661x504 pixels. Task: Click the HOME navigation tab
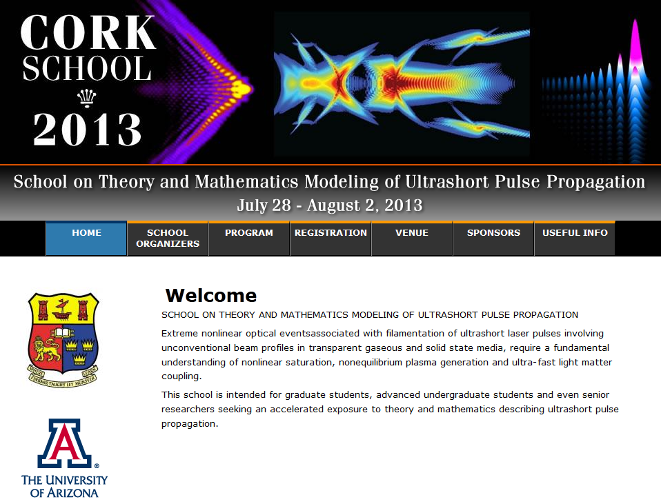pos(86,239)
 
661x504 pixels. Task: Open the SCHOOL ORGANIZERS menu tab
pos(168,239)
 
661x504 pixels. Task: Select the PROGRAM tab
pos(249,239)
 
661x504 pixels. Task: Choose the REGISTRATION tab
pos(330,239)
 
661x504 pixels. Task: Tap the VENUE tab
pos(412,239)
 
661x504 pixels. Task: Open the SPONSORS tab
pos(493,239)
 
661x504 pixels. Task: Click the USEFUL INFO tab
pos(575,239)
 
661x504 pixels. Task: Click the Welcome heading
pos(210,295)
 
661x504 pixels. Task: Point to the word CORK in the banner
pos(88,33)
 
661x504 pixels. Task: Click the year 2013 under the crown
pos(87,130)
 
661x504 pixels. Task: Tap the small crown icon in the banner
pos(86,99)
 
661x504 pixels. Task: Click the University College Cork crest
pos(63,340)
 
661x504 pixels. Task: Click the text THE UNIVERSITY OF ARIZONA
pos(64,486)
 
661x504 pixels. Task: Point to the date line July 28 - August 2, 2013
pos(330,205)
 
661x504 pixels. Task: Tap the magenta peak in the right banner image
pos(635,42)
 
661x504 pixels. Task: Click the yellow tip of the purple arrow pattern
pos(241,88)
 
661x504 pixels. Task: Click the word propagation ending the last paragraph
pos(190,424)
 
